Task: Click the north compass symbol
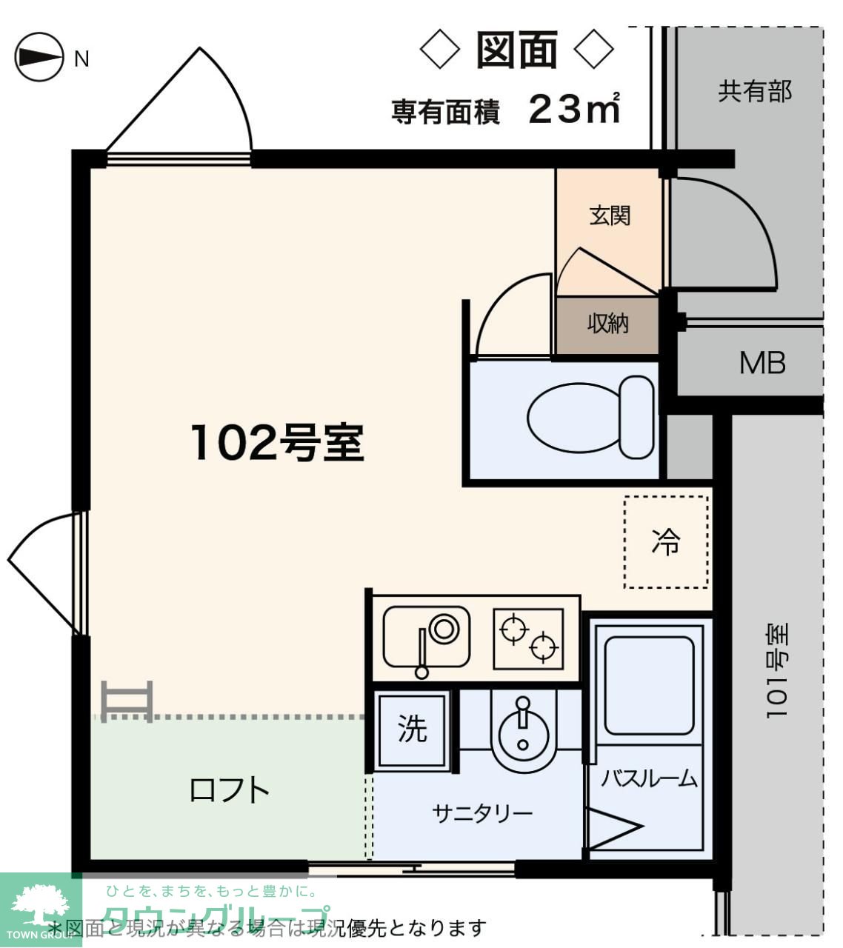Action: tap(39, 57)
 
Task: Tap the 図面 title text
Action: tap(516, 50)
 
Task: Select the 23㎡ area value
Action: tap(574, 109)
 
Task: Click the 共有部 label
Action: tap(754, 91)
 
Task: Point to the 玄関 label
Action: tap(609, 216)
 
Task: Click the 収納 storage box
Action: tap(607, 324)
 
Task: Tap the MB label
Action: tap(762, 363)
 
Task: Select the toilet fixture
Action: tap(590, 417)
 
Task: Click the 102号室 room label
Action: tap(277, 442)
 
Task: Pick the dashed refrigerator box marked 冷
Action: tap(665, 541)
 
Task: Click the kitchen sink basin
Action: tap(427, 637)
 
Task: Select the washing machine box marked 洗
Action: tap(412, 729)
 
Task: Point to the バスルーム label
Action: tap(648, 778)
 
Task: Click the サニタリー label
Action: tap(482, 813)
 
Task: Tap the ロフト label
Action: tap(229, 790)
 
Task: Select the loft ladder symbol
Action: tap(127, 701)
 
